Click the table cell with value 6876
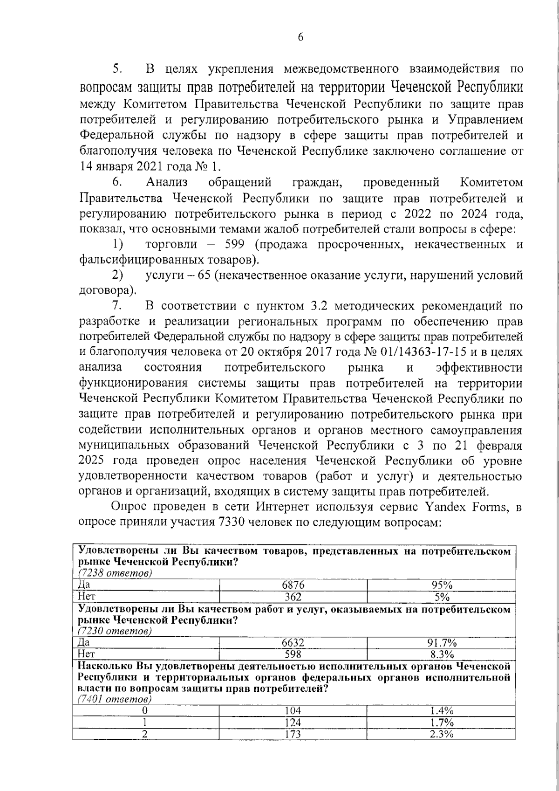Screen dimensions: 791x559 click(x=293, y=585)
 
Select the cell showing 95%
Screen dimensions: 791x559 click(x=441, y=585)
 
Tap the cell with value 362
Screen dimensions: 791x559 click(x=293, y=597)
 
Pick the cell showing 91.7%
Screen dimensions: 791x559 click(x=441, y=643)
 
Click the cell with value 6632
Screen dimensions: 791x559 click(x=293, y=643)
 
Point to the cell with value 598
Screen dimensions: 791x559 click(x=293, y=654)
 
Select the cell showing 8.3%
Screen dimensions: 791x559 click(x=441, y=654)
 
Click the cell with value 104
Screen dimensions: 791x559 click(x=293, y=710)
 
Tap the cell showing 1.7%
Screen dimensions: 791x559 click(x=441, y=722)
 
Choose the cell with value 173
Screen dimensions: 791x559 click(x=293, y=734)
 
